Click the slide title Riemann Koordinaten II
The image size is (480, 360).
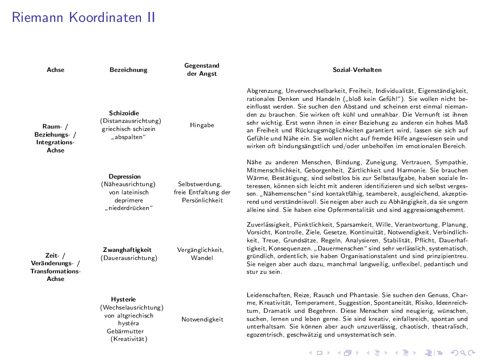click(83, 18)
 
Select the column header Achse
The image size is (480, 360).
click(55, 70)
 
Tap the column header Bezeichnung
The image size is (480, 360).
click(128, 70)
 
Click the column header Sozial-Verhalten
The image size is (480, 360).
click(357, 70)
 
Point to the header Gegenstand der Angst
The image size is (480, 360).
click(202, 70)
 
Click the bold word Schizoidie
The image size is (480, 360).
click(124, 113)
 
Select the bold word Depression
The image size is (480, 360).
click(124, 177)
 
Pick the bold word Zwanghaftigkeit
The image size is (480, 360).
click(127, 250)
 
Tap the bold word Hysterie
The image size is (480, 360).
click(123, 300)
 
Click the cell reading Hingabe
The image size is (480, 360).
click(202, 125)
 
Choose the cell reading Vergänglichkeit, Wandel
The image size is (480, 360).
click(200, 254)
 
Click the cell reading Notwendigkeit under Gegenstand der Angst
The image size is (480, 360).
click(202, 320)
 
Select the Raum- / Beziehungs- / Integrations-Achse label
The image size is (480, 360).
click(55, 138)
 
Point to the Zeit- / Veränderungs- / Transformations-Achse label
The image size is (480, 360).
click(55, 267)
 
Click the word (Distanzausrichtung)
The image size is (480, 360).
click(130, 121)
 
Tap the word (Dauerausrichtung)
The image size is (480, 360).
click(129, 258)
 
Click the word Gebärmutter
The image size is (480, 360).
click(125, 331)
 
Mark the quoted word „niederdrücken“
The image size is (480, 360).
click(129, 208)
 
